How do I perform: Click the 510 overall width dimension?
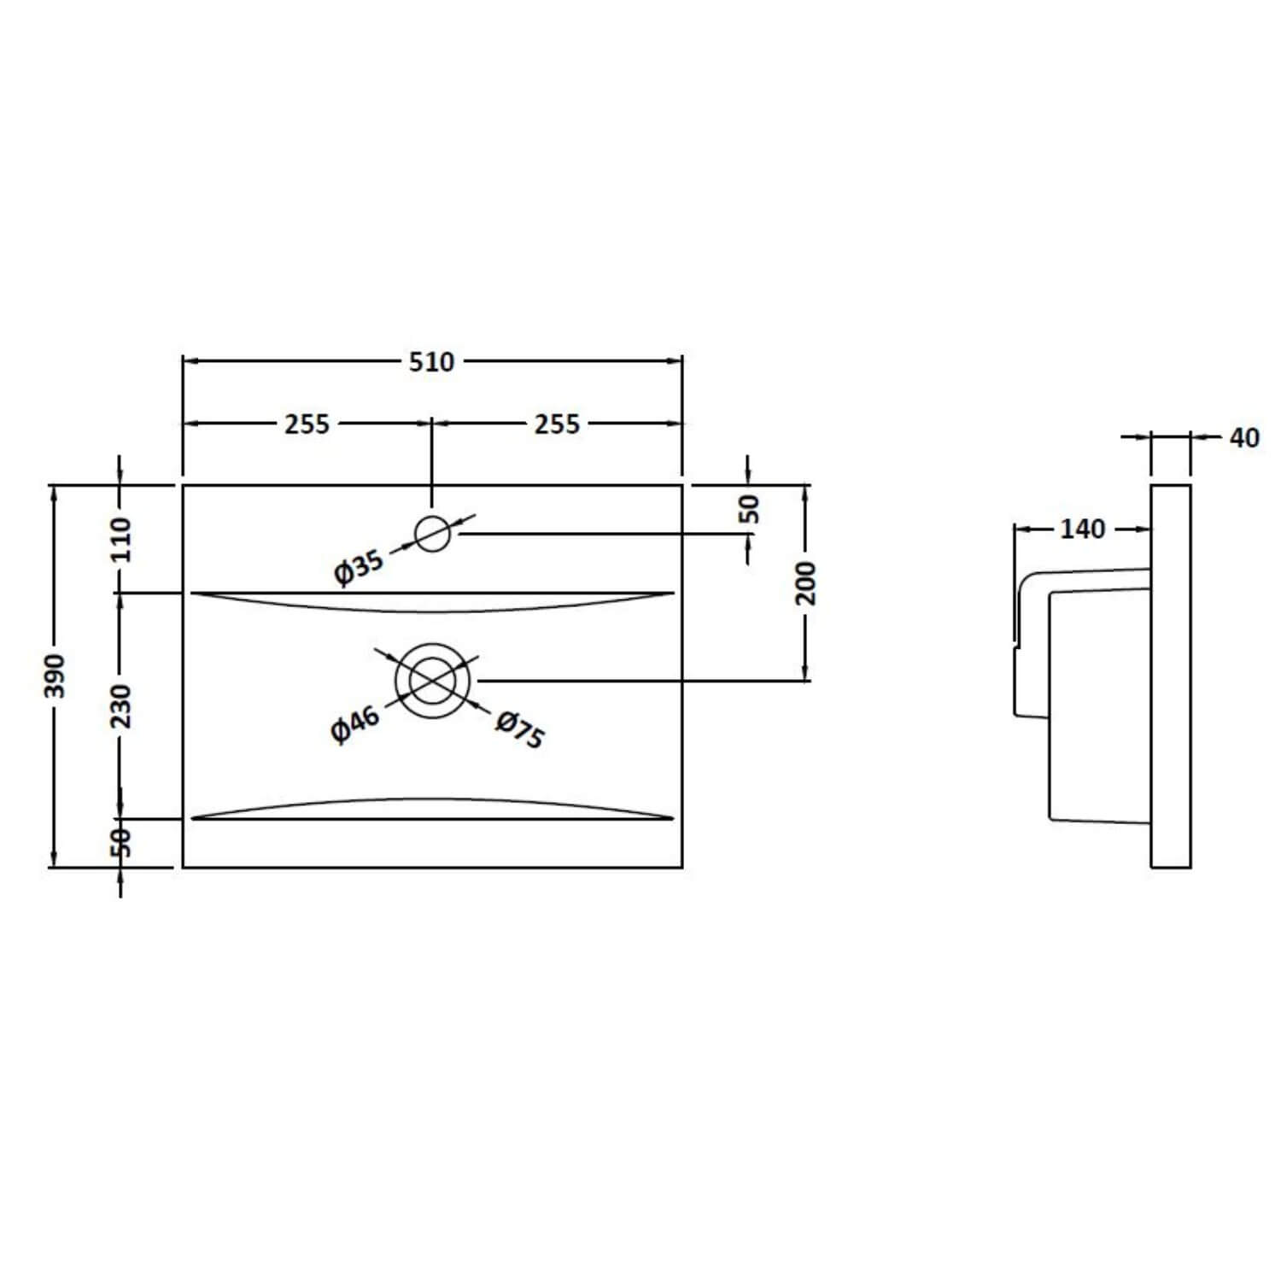[x=431, y=362]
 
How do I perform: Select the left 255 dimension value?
[x=307, y=424]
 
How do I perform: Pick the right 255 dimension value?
[x=557, y=424]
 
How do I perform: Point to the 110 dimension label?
[x=121, y=539]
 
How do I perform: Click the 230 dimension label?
[x=121, y=705]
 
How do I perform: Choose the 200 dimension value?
[x=806, y=583]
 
